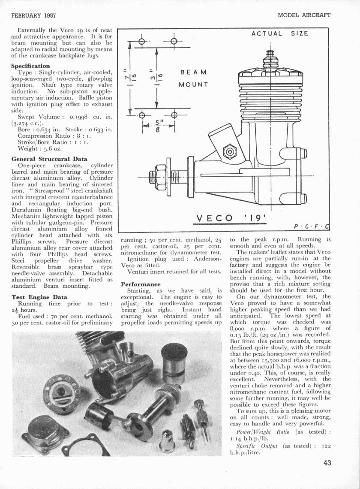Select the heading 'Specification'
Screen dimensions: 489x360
click(x=30, y=66)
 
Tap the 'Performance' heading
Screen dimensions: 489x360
click(x=141, y=284)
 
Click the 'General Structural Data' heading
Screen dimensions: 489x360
click(x=49, y=159)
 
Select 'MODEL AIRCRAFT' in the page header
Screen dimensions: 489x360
click(x=304, y=15)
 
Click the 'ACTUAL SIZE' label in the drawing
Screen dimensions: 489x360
click(x=280, y=33)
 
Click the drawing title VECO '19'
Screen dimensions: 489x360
click(x=232, y=218)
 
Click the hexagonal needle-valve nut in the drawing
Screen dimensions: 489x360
click(x=230, y=152)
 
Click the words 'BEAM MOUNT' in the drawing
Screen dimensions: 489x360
click(x=194, y=78)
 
